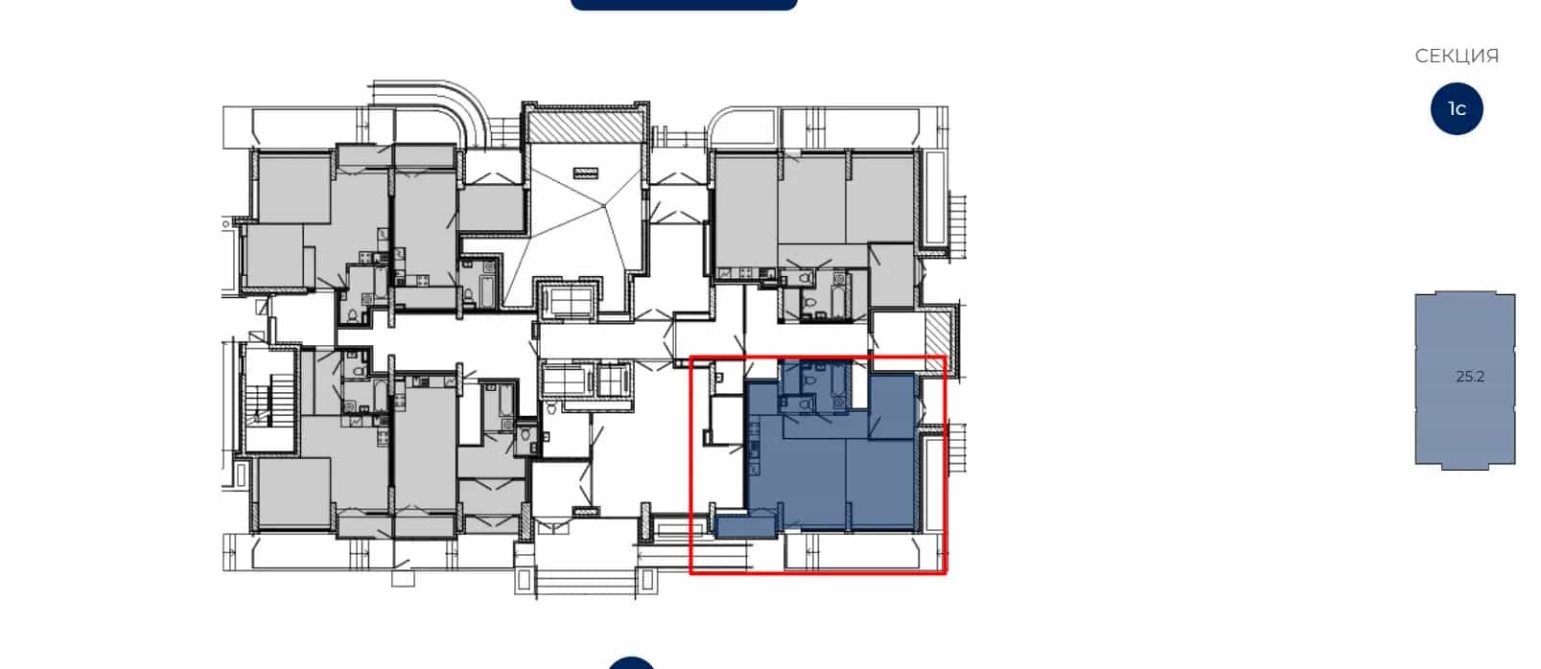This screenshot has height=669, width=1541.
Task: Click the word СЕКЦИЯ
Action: [x=1457, y=56]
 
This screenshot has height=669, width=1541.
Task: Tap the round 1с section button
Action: [x=1457, y=108]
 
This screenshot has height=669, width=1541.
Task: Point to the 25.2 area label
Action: [x=1470, y=376]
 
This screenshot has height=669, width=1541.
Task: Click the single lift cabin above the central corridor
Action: [x=569, y=302]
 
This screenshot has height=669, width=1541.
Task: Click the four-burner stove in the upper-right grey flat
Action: [x=745, y=274]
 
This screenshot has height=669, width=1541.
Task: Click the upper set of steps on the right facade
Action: [x=957, y=226]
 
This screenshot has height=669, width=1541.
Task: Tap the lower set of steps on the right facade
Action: [x=957, y=448]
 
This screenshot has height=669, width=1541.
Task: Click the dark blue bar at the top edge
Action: [x=684, y=4]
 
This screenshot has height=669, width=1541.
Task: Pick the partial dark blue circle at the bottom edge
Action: [x=631, y=663]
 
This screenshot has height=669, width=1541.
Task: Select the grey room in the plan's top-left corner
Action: [x=293, y=189]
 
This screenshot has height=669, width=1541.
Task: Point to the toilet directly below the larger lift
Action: [x=551, y=408]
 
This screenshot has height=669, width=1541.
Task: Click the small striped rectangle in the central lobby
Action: [x=586, y=173]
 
